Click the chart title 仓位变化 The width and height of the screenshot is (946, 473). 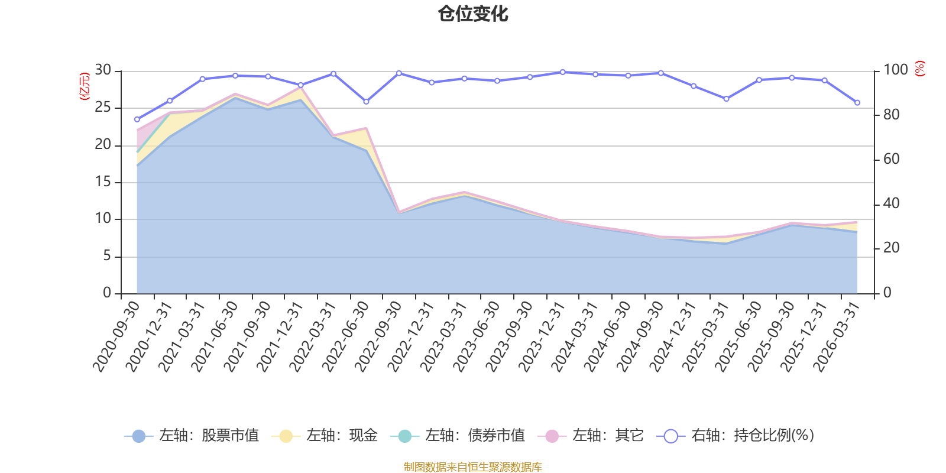coord(472,14)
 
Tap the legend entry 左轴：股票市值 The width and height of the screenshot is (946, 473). coord(192,435)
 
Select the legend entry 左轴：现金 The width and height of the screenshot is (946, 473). coord(325,435)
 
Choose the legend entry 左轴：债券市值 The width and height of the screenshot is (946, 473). coord(458,435)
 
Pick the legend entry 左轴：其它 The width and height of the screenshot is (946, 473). coord(591,435)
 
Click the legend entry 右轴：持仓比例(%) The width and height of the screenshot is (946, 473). coord(736,435)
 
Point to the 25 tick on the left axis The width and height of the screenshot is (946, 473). coord(103,107)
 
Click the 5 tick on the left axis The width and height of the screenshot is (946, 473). coord(107,255)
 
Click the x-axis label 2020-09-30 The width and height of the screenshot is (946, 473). coord(116,337)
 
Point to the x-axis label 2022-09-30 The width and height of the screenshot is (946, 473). coord(378,337)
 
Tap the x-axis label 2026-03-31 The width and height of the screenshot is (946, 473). coord(837,337)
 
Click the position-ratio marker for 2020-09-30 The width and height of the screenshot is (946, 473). coord(137,119)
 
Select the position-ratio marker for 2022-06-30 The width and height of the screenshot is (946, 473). coord(366,102)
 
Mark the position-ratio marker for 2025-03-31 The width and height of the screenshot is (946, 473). coord(727,99)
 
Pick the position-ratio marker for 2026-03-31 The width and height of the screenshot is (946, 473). coord(857,103)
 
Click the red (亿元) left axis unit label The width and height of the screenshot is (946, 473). coord(85,86)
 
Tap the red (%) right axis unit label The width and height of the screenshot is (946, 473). coord(920,69)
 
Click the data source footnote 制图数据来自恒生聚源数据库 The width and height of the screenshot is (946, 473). coord(472,466)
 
